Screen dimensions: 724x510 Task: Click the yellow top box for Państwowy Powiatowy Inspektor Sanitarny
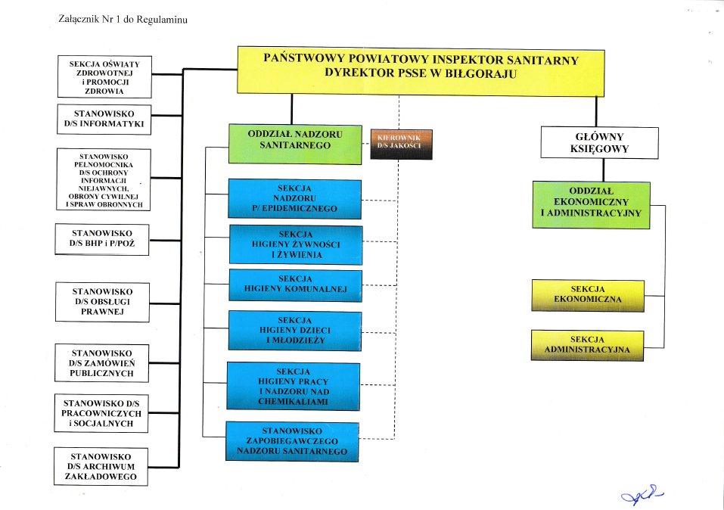[x=421, y=71]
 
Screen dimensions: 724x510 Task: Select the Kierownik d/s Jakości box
[x=401, y=144]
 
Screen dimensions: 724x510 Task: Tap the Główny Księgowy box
[x=599, y=143]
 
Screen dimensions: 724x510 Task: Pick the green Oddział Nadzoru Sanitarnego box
[x=295, y=144]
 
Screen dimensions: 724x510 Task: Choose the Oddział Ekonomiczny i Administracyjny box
[x=591, y=204]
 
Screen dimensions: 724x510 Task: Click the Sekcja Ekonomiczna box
[x=588, y=295]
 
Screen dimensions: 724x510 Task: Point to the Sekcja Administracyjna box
[x=587, y=345]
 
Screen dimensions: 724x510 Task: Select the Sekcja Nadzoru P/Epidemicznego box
[x=294, y=199]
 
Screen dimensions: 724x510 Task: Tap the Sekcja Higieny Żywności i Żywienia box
[x=296, y=244]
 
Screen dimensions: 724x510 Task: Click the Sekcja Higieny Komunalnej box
[x=296, y=285]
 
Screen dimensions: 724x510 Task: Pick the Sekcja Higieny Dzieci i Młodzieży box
[x=295, y=331]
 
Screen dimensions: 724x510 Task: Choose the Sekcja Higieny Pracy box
[x=294, y=386]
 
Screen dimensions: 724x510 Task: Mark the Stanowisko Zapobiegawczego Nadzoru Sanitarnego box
[x=292, y=441]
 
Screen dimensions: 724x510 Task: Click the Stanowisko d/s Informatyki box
[x=104, y=120]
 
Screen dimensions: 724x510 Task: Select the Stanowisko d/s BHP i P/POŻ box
[x=102, y=239]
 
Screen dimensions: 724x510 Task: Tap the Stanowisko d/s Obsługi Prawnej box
[x=102, y=302]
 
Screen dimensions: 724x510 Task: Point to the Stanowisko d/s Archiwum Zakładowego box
[x=101, y=467]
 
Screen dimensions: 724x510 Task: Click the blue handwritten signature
[x=642, y=495]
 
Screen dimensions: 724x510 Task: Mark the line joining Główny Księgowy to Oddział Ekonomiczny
[x=603, y=170]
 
